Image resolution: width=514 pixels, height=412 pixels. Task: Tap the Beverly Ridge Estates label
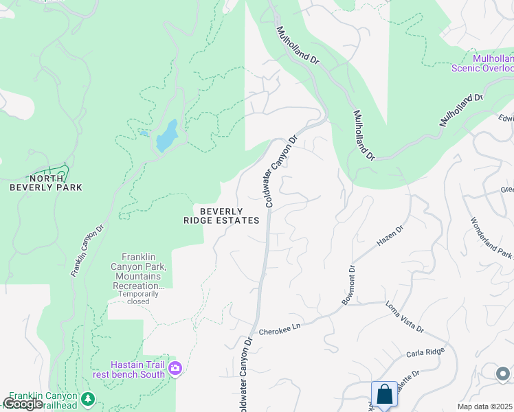pyautogui.click(x=221, y=216)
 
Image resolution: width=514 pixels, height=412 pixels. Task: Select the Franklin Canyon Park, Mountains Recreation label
pyautogui.click(x=142, y=271)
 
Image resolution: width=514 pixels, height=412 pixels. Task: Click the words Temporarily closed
pyautogui.click(x=143, y=297)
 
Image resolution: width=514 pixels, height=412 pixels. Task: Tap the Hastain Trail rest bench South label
pyautogui.click(x=138, y=369)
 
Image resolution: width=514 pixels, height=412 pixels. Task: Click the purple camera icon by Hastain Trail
pyautogui.click(x=176, y=369)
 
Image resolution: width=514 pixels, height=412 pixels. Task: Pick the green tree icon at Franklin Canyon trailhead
pyautogui.click(x=87, y=398)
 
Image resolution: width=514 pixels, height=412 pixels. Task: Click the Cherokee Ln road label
pyautogui.click(x=280, y=331)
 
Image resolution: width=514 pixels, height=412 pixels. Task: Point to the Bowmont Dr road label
pyautogui.click(x=347, y=285)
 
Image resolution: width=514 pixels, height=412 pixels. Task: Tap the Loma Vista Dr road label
pyautogui.click(x=405, y=317)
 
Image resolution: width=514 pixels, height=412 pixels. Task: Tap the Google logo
pyautogui.click(x=22, y=404)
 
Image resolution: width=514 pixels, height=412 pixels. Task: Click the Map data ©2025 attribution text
pyautogui.click(x=484, y=407)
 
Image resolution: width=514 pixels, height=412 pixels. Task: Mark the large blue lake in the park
pyautogui.click(x=167, y=135)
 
